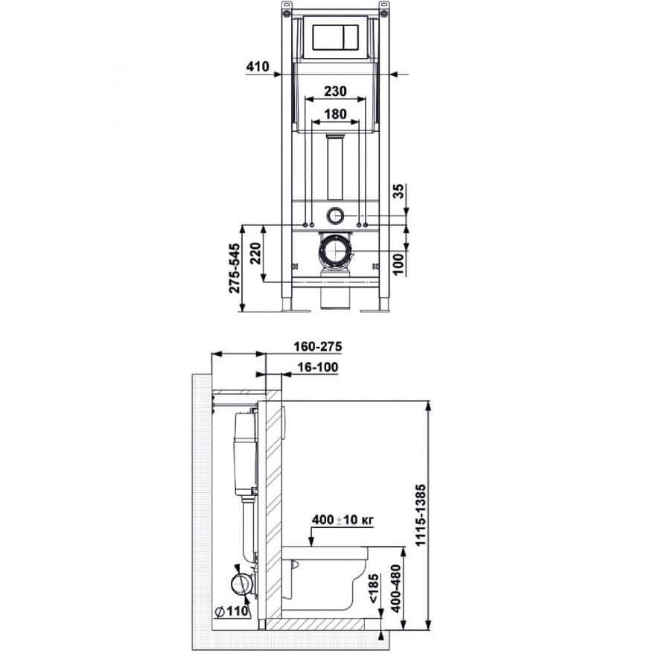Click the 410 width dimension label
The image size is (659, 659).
[257, 67]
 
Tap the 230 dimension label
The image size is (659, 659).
[335, 91]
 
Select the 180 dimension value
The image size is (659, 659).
[335, 114]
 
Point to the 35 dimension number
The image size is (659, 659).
[399, 191]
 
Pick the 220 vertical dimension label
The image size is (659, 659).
[255, 253]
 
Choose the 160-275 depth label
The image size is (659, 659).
[318, 347]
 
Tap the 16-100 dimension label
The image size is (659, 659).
[318, 367]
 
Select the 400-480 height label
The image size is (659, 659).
[395, 588]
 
